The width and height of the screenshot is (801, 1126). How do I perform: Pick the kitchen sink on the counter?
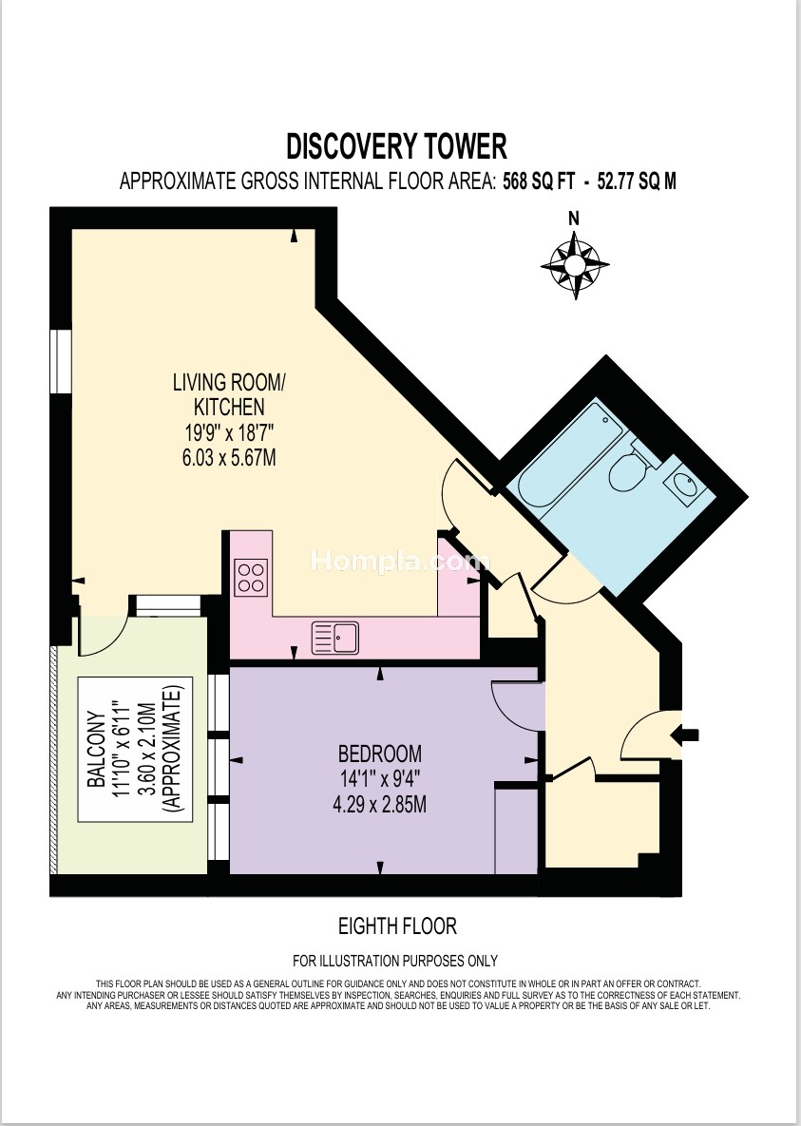coord(335,638)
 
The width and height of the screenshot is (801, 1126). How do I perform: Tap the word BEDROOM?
coord(380,754)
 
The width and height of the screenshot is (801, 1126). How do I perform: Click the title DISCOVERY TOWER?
coord(396,145)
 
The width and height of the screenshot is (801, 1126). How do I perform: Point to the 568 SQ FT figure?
coord(539,181)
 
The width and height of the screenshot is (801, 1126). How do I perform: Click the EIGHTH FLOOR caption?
coord(397,926)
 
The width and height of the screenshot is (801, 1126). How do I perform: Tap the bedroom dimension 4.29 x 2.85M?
coord(379,804)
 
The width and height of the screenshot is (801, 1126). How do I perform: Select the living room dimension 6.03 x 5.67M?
coord(229,457)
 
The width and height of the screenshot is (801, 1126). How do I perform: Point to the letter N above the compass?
coord(574,219)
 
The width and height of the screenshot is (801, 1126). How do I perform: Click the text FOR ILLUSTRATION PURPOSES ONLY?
coord(395,960)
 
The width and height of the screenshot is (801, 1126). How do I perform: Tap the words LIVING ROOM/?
coord(229,382)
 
